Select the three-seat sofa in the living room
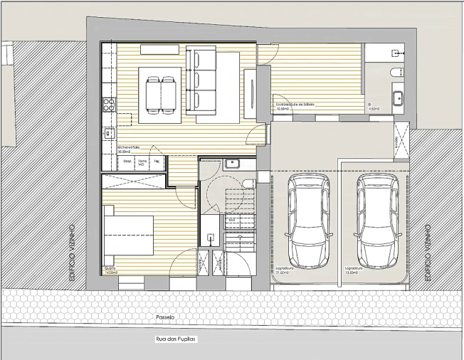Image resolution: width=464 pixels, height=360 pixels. tap(201, 79)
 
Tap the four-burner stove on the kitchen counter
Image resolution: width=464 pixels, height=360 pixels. tap(109, 105)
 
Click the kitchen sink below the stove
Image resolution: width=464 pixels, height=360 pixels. tap(109, 132)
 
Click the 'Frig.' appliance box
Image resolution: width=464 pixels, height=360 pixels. tap(157, 162)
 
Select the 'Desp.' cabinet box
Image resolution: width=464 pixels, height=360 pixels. tap(127, 162)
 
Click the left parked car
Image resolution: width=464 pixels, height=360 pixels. tap(309, 221)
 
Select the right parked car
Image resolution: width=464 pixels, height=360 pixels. tap(377, 221)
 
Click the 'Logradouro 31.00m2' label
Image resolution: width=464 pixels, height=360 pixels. tap(285, 270)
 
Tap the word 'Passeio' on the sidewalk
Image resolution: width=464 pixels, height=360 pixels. tap(165, 317)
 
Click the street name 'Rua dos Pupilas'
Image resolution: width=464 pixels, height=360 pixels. tap(175, 339)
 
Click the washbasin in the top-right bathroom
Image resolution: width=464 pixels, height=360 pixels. tap(398, 97)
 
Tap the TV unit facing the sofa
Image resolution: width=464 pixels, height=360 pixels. tap(252, 95)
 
